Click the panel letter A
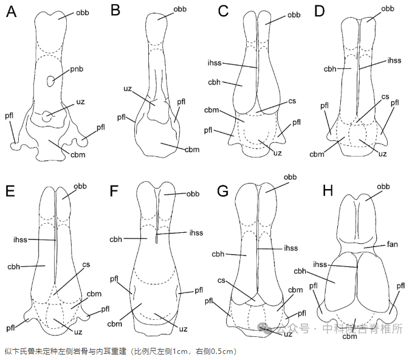pyautogui.click(x=11, y=13)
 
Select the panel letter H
pyautogui.click(x=328, y=190)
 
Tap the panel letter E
pyautogui.click(x=10, y=190)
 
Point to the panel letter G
pyautogui.click(x=222, y=190)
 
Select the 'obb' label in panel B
pyautogui.click(x=180, y=9)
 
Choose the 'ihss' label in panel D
pyautogui.click(x=394, y=60)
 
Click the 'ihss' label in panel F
pyautogui.click(x=196, y=232)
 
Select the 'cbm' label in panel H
pyautogui.click(x=349, y=336)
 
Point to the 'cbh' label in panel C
pyautogui.click(x=214, y=82)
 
